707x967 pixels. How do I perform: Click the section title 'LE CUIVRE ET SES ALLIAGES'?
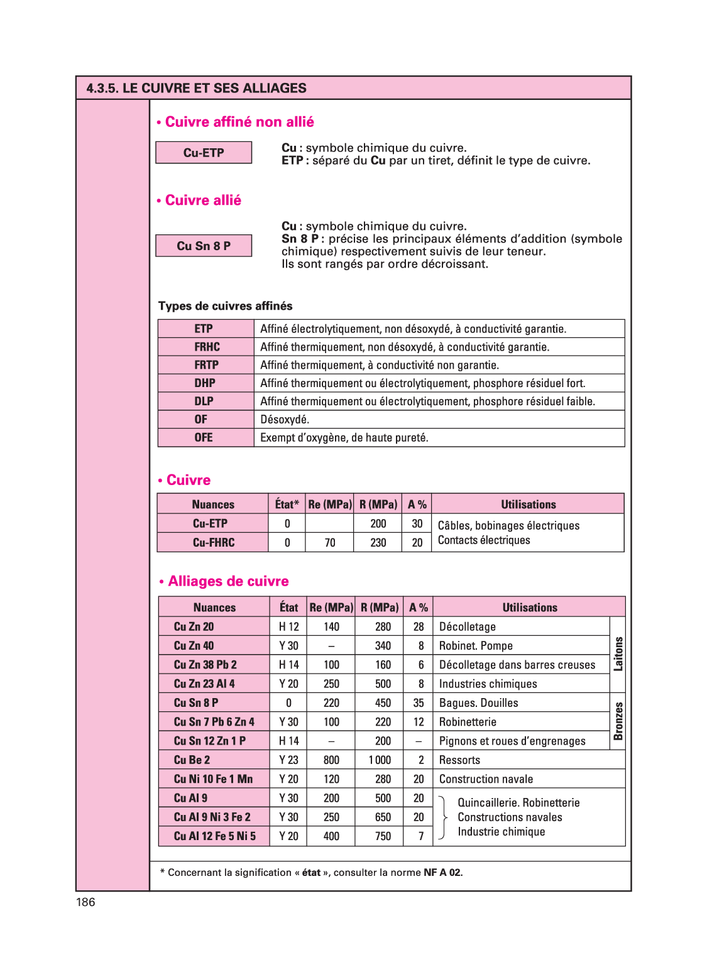(x=214, y=88)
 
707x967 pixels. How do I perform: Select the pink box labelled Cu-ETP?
(x=204, y=153)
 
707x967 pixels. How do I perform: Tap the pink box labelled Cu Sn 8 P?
(x=204, y=246)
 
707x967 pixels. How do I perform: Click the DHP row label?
(x=205, y=383)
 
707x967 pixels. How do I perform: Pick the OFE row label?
(x=204, y=438)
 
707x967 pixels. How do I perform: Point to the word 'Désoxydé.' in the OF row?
(x=285, y=420)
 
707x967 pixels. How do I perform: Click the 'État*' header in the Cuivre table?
(x=287, y=505)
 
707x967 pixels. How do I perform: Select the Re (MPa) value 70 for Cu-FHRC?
(x=330, y=543)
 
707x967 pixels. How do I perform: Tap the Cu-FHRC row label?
(x=214, y=543)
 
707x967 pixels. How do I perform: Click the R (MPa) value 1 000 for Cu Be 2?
(x=380, y=760)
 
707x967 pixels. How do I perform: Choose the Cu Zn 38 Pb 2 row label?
(x=206, y=665)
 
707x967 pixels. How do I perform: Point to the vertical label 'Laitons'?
(x=618, y=654)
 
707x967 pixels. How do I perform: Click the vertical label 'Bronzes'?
(x=618, y=721)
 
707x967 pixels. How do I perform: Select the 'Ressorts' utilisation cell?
(x=459, y=760)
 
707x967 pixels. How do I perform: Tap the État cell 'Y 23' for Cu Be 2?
(x=288, y=760)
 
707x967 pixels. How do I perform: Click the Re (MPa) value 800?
(x=331, y=760)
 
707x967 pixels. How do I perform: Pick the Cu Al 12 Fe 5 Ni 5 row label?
(x=215, y=836)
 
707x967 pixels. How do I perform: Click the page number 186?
(x=85, y=902)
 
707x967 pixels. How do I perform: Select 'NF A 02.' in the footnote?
(x=443, y=873)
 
